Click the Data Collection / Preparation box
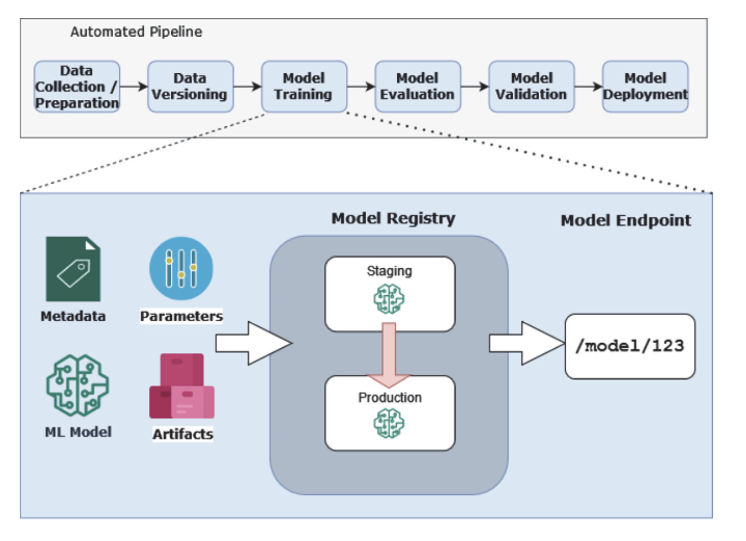click(77, 87)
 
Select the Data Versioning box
click(190, 87)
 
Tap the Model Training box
click(304, 87)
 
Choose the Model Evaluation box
click(418, 87)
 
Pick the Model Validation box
click(531, 87)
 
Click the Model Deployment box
click(645, 87)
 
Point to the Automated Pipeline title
click(136, 32)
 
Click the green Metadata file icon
click(73, 269)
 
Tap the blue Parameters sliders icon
click(181, 268)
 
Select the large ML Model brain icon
click(77, 385)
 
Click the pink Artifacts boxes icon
click(181, 386)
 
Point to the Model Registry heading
click(393, 218)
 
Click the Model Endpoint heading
click(625, 220)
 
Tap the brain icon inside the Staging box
click(389, 299)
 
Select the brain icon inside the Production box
click(389, 423)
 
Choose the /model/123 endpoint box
click(629, 346)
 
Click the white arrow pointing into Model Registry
click(254, 343)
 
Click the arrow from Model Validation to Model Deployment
click(588, 87)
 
